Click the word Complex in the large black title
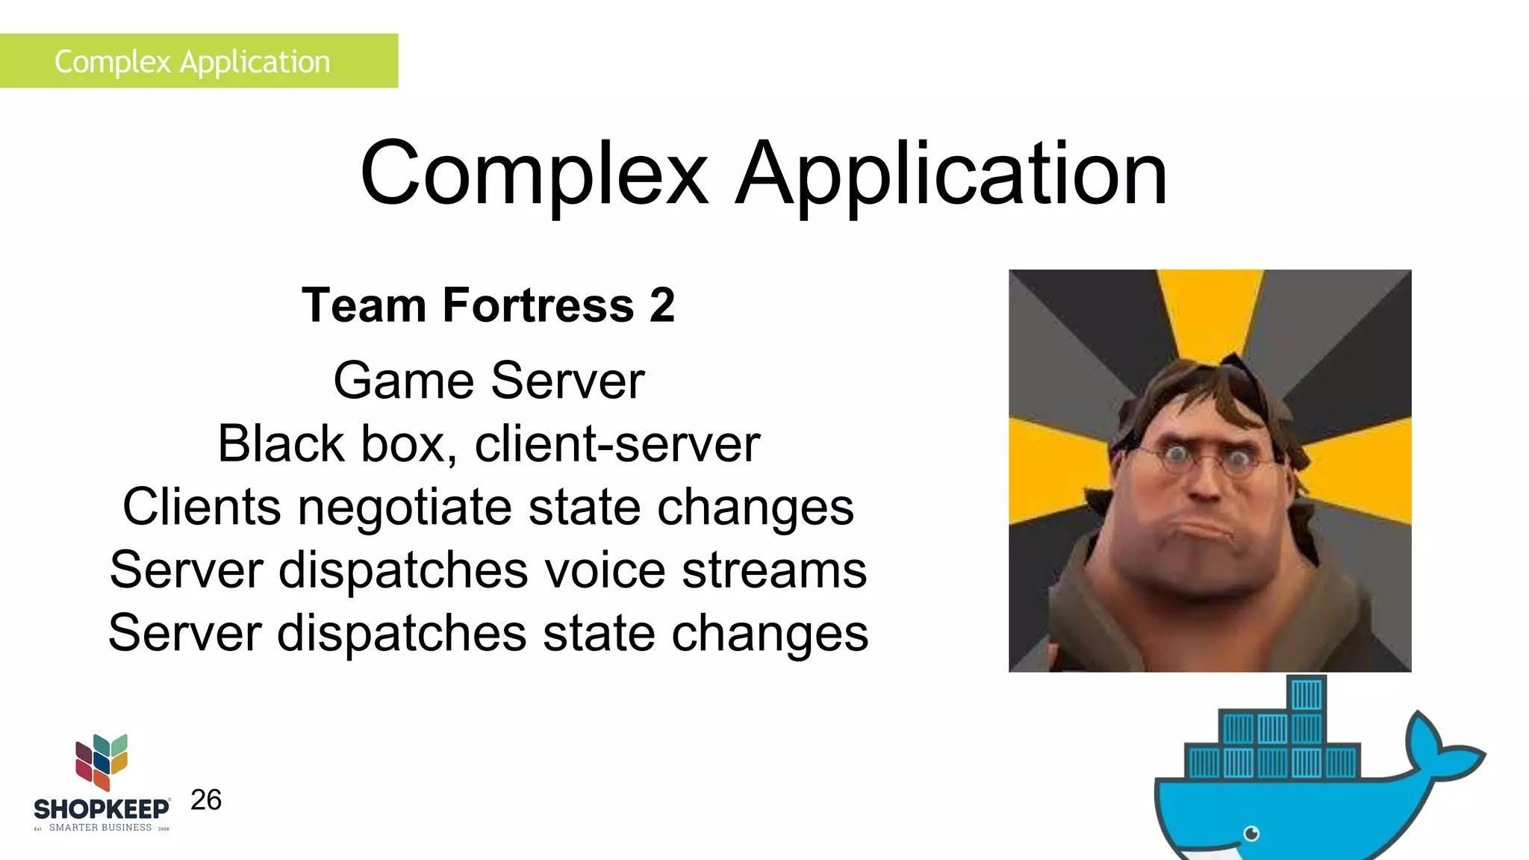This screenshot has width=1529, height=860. [533, 175]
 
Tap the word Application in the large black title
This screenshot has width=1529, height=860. [951, 175]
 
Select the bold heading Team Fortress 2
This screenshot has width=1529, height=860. [488, 305]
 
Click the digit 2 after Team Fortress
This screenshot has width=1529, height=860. [662, 305]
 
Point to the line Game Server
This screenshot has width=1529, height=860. [488, 381]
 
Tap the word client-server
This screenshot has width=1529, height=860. [617, 444]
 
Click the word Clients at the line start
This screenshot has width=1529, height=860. [202, 508]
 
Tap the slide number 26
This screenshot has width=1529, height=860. [206, 800]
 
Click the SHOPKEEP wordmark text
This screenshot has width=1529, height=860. [102, 809]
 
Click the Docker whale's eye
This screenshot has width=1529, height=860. [1252, 833]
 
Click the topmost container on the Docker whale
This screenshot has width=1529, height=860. [1307, 694]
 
